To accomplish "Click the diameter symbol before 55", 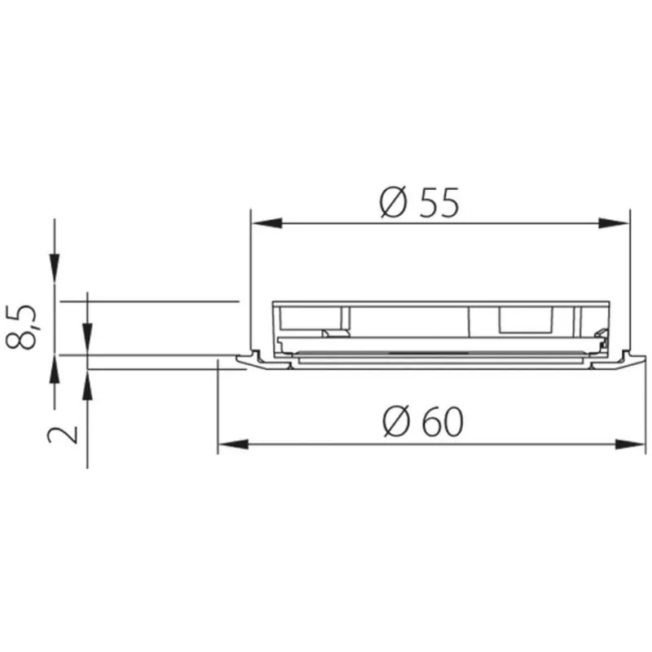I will [x=394, y=201].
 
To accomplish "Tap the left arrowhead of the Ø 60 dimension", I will [x=233, y=444].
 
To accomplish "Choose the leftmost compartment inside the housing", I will [x=314, y=319].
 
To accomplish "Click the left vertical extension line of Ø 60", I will [x=218, y=407].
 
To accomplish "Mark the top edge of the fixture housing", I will [x=440, y=302].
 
